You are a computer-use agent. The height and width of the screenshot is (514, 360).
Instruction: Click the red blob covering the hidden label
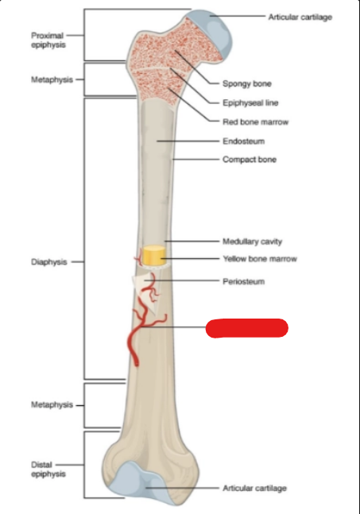click(x=247, y=328)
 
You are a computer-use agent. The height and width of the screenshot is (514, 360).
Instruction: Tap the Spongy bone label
click(x=247, y=83)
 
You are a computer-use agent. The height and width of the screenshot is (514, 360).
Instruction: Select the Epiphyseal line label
click(x=250, y=103)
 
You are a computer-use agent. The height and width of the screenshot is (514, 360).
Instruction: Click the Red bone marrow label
click(x=255, y=122)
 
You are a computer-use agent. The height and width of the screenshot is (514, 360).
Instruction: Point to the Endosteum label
click(x=244, y=141)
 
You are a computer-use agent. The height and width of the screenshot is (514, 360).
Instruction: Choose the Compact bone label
click(x=250, y=160)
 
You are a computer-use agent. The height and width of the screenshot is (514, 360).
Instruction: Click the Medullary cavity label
click(x=252, y=242)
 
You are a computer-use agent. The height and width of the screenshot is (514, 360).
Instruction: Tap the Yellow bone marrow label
click(x=260, y=259)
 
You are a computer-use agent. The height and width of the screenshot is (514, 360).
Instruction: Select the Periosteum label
click(x=244, y=281)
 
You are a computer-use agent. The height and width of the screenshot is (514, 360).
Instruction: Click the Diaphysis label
click(x=48, y=262)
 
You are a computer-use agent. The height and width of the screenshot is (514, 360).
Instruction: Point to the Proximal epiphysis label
click(x=48, y=40)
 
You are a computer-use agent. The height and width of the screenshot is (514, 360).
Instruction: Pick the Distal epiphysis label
click(x=48, y=470)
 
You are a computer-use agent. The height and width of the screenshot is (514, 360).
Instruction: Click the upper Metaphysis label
click(x=52, y=79)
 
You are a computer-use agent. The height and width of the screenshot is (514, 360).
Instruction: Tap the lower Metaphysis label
click(x=52, y=405)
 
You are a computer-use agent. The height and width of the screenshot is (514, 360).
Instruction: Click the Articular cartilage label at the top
click(x=300, y=17)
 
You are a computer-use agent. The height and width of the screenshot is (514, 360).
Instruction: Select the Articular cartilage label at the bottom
click(x=255, y=489)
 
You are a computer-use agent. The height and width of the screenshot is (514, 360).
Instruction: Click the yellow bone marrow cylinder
click(x=153, y=255)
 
